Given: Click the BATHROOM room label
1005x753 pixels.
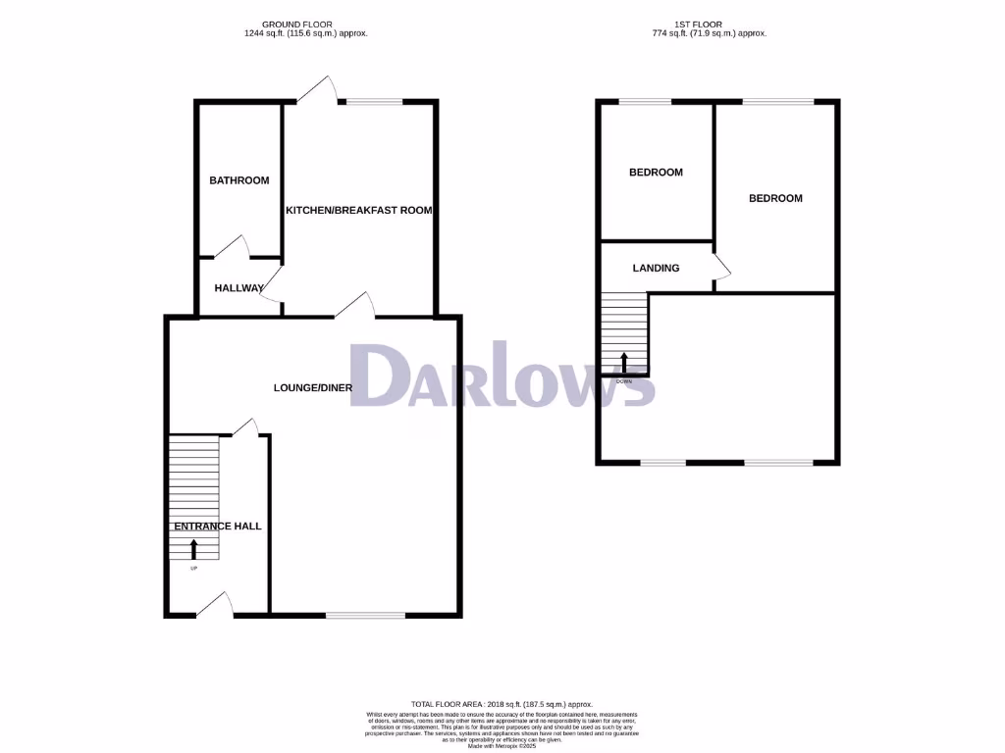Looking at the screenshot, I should (x=239, y=180).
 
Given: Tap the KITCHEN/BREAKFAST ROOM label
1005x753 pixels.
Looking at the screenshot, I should (x=358, y=210).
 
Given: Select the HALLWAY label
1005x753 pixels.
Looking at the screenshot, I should (x=239, y=288).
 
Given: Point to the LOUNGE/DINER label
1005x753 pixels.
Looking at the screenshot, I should (x=312, y=388).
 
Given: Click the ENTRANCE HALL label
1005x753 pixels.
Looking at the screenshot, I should (x=218, y=527).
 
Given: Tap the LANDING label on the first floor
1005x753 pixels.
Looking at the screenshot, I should (x=656, y=268).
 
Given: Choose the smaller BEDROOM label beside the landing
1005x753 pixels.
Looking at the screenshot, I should (x=656, y=173).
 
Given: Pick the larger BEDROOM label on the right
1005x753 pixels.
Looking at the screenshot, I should (x=775, y=198).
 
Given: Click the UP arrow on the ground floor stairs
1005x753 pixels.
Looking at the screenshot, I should (x=192, y=549).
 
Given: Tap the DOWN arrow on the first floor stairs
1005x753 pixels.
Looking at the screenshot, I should (x=624, y=364).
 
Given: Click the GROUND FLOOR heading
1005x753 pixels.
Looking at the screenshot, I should (x=297, y=24).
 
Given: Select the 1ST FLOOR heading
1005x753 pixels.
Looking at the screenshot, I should (x=709, y=24).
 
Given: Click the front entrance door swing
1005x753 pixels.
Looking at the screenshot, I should (x=216, y=605).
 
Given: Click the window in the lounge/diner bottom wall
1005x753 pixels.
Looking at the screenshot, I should (x=365, y=616).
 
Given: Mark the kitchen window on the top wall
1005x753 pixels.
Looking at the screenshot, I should (x=374, y=101).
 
